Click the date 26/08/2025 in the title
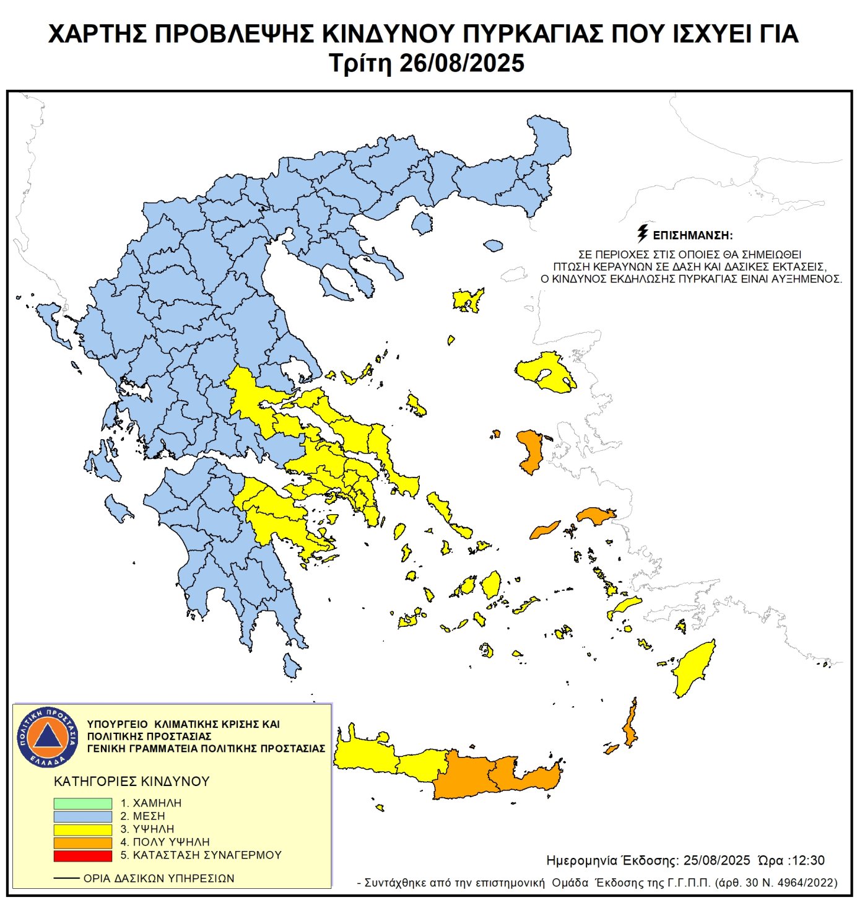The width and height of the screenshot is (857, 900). pyautogui.click(x=462, y=64)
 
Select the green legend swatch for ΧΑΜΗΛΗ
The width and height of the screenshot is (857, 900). pyautogui.click(x=82, y=803)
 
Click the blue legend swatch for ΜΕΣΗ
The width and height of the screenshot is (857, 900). pyautogui.click(x=82, y=816)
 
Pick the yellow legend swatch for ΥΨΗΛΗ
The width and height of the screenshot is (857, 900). pyautogui.click(x=82, y=829)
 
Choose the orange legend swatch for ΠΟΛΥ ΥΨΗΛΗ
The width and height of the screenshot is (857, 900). pyautogui.click(x=82, y=842)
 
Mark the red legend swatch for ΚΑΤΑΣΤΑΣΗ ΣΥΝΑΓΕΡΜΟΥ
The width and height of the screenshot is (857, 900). pyautogui.click(x=82, y=855)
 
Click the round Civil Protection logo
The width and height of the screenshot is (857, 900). pyautogui.click(x=48, y=736)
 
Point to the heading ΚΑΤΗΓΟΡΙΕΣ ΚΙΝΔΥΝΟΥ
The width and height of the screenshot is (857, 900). pyautogui.click(x=132, y=782)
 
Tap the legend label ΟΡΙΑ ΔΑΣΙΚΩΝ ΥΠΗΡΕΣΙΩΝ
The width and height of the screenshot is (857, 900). pyautogui.click(x=159, y=878)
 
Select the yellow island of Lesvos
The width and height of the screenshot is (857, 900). pyautogui.click(x=545, y=370)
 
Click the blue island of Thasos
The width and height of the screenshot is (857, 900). pyautogui.click(x=422, y=222)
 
